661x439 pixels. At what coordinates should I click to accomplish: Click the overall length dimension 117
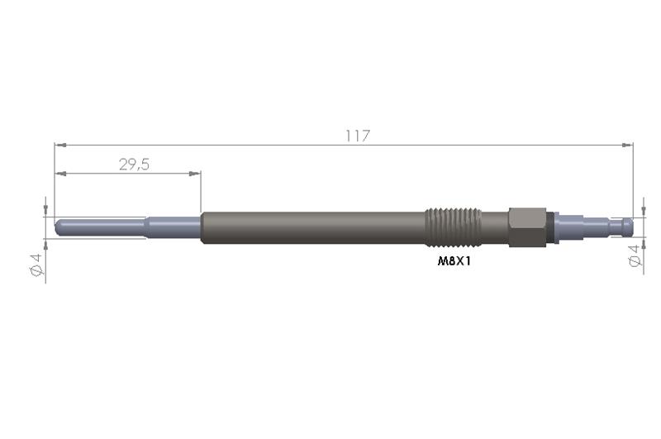[358, 136]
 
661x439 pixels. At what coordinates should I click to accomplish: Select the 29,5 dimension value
[134, 165]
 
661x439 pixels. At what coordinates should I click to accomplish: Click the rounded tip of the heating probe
[58, 225]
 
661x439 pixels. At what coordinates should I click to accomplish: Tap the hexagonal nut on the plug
[525, 227]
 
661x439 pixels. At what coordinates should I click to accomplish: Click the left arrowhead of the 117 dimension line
[59, 145]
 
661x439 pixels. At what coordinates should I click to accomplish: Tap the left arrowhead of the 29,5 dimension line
[59, 174]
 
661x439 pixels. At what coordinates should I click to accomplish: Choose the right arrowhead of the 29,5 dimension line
[197, 174]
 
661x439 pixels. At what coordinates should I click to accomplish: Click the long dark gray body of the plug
[314, 227]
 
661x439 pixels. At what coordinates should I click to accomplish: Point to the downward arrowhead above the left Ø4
[45, 211]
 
